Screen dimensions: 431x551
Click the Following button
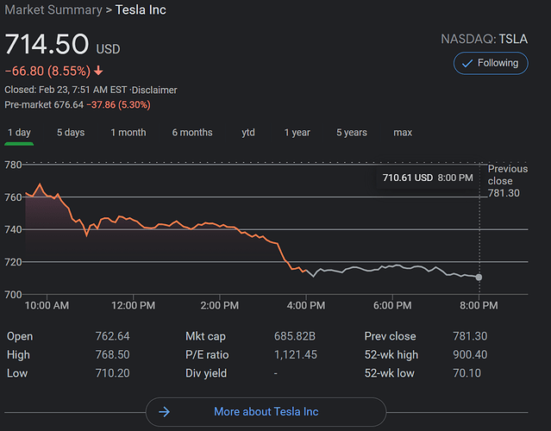point(491,63)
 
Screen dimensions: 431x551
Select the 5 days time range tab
point(71,133)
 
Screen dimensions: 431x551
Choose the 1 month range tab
point(128,133)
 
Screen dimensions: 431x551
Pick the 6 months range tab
point(192,133)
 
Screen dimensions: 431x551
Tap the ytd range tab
point(248,133)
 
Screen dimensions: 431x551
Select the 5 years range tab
point(351,133)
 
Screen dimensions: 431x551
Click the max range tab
point(403,133)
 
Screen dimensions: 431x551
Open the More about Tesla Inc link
point(266,412)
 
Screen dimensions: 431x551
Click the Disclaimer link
point(155,90)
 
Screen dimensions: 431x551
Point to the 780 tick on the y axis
point(14,165)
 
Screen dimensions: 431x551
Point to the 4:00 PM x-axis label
point(306,305)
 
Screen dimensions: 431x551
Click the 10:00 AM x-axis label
point(47,305)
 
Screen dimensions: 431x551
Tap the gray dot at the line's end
point(479,277)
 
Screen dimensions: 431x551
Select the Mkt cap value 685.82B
point(295,336)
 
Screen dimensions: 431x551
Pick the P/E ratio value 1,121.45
point(295,354)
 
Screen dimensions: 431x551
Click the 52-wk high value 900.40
point(469,354)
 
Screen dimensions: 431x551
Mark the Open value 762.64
point(112,336)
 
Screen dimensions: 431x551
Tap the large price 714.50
point(47,45)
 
